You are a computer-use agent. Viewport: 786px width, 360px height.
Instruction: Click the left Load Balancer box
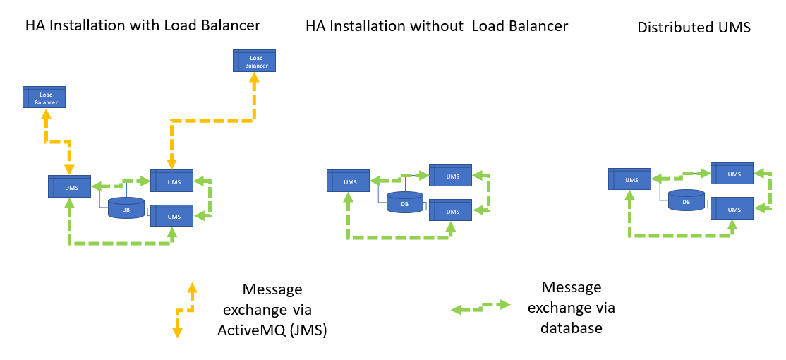[x=44, y=97]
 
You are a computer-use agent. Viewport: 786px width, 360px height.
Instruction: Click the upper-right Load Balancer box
[x=255, y=61]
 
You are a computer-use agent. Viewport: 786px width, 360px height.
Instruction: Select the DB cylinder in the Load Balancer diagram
[x=126, y=208]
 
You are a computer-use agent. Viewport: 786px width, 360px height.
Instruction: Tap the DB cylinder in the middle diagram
[x=405, y=203]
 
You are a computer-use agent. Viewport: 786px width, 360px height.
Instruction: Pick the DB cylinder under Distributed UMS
[x=687, y=200]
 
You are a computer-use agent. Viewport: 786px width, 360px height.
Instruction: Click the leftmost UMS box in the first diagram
[x=69, y=186]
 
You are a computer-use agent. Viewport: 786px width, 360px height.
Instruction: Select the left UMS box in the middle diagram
[x=349, y=181]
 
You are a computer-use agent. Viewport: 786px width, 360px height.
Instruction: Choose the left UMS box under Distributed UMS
[x=630, y=179]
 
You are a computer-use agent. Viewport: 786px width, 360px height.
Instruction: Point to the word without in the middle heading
[x=438, y=26]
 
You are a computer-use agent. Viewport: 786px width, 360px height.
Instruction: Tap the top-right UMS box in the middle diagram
[x=452, y=176]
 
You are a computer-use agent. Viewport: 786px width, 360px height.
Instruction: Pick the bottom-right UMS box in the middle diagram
[x=452, y=210]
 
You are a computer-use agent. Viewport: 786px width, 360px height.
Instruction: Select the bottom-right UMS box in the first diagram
[x=171, y=216]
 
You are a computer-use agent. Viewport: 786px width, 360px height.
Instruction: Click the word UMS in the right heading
[x=734, y=28]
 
